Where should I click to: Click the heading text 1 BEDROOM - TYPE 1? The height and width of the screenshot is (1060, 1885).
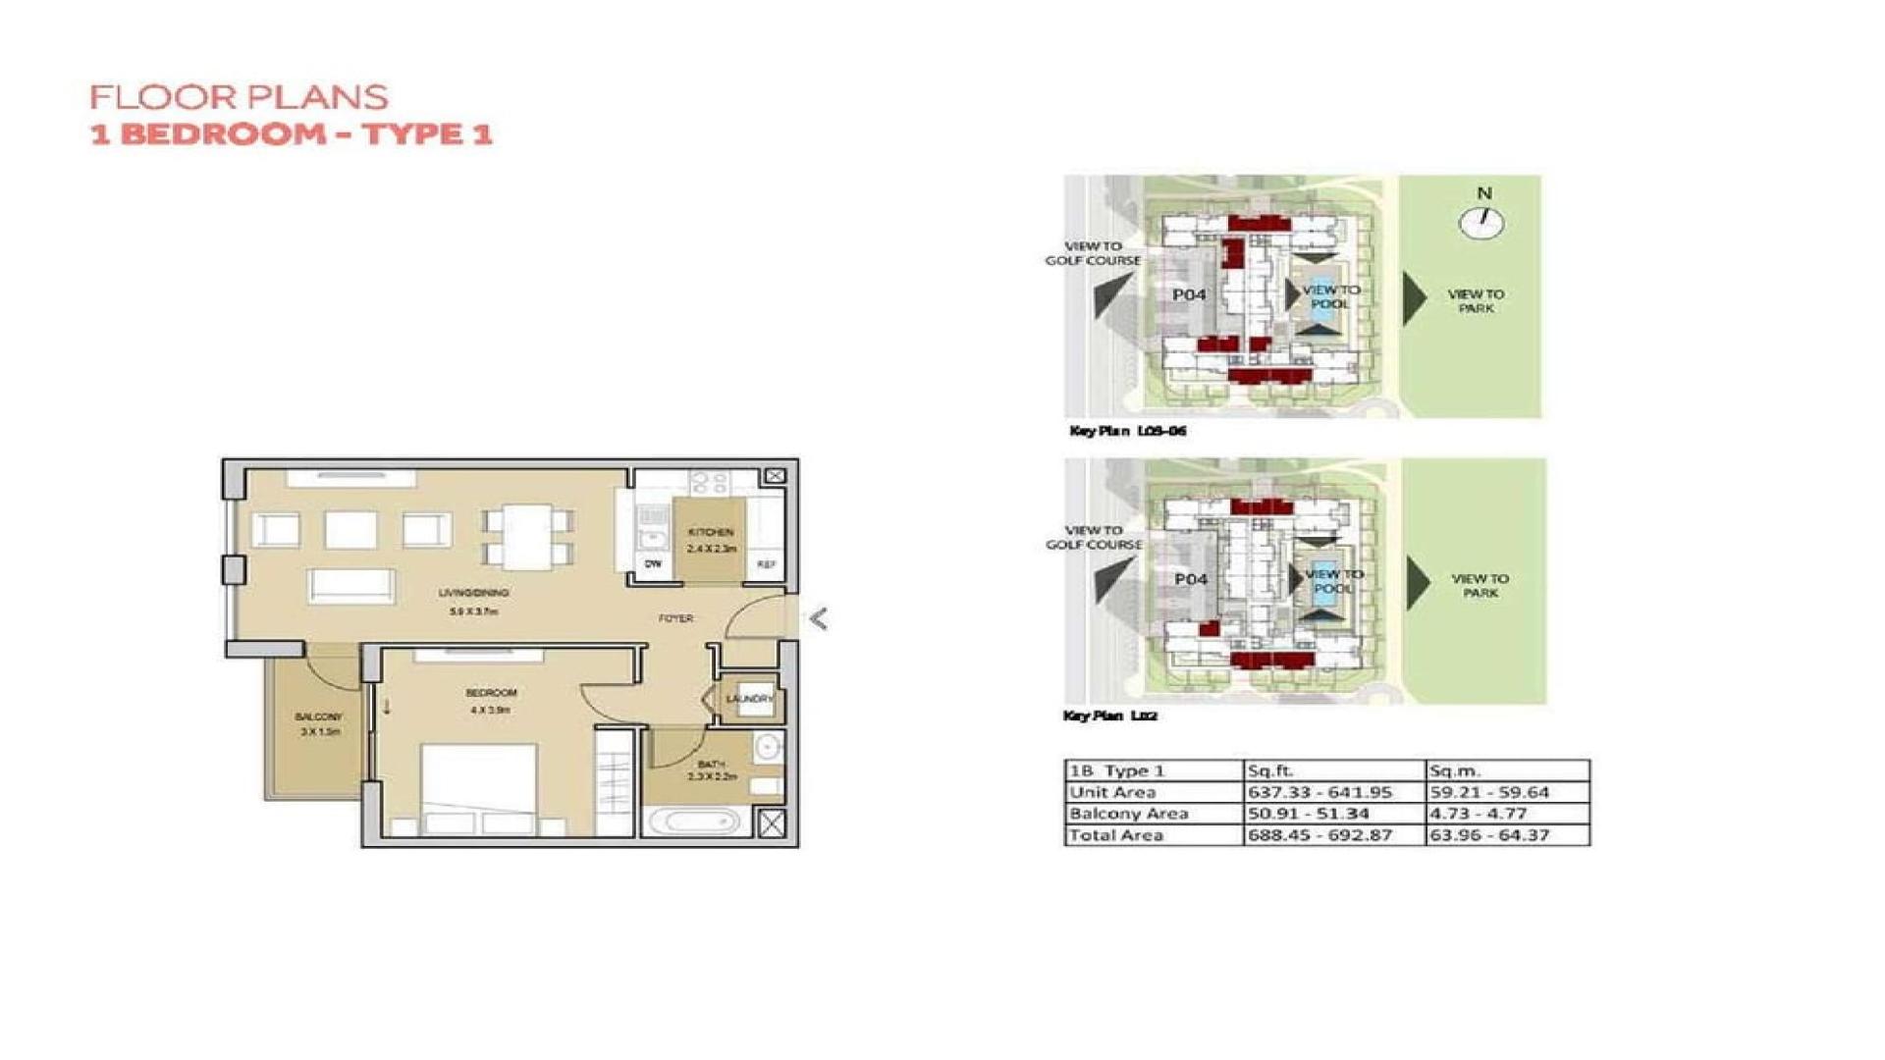[x=291, y=133]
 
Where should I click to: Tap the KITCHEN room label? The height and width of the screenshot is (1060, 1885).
[x=711, y=532]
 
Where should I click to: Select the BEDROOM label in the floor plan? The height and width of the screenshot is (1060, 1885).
[x=491, y=693]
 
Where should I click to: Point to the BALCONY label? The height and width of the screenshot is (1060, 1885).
[x=318, y=717]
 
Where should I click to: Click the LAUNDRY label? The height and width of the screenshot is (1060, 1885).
[x=750, y=699]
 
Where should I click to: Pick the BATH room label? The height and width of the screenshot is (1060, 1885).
[x=712, y=765]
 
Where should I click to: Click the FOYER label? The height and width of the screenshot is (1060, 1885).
[x=675, y=618]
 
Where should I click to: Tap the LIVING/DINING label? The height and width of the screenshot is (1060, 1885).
[x=473, y=593]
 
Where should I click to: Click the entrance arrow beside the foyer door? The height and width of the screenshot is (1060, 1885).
[x=818, y=618]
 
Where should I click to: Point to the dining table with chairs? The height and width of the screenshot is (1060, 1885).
[x=528, y=536]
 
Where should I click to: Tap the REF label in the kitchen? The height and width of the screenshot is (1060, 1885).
[x=766, y=564]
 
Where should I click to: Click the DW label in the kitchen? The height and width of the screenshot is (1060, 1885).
[x=653, y=563]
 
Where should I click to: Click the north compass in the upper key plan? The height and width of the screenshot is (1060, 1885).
[x=1481, y=223]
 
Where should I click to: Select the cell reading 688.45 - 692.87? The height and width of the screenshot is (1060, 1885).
[x=1319, y=835]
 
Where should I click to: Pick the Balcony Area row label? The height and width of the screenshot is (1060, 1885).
[x=1128, y=814]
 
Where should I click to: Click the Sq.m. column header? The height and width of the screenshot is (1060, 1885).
[x=1454, y=770]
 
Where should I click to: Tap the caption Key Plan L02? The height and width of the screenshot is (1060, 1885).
[x=1109, y=715]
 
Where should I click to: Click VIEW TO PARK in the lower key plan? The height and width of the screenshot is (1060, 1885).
[x=1480, y=586]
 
